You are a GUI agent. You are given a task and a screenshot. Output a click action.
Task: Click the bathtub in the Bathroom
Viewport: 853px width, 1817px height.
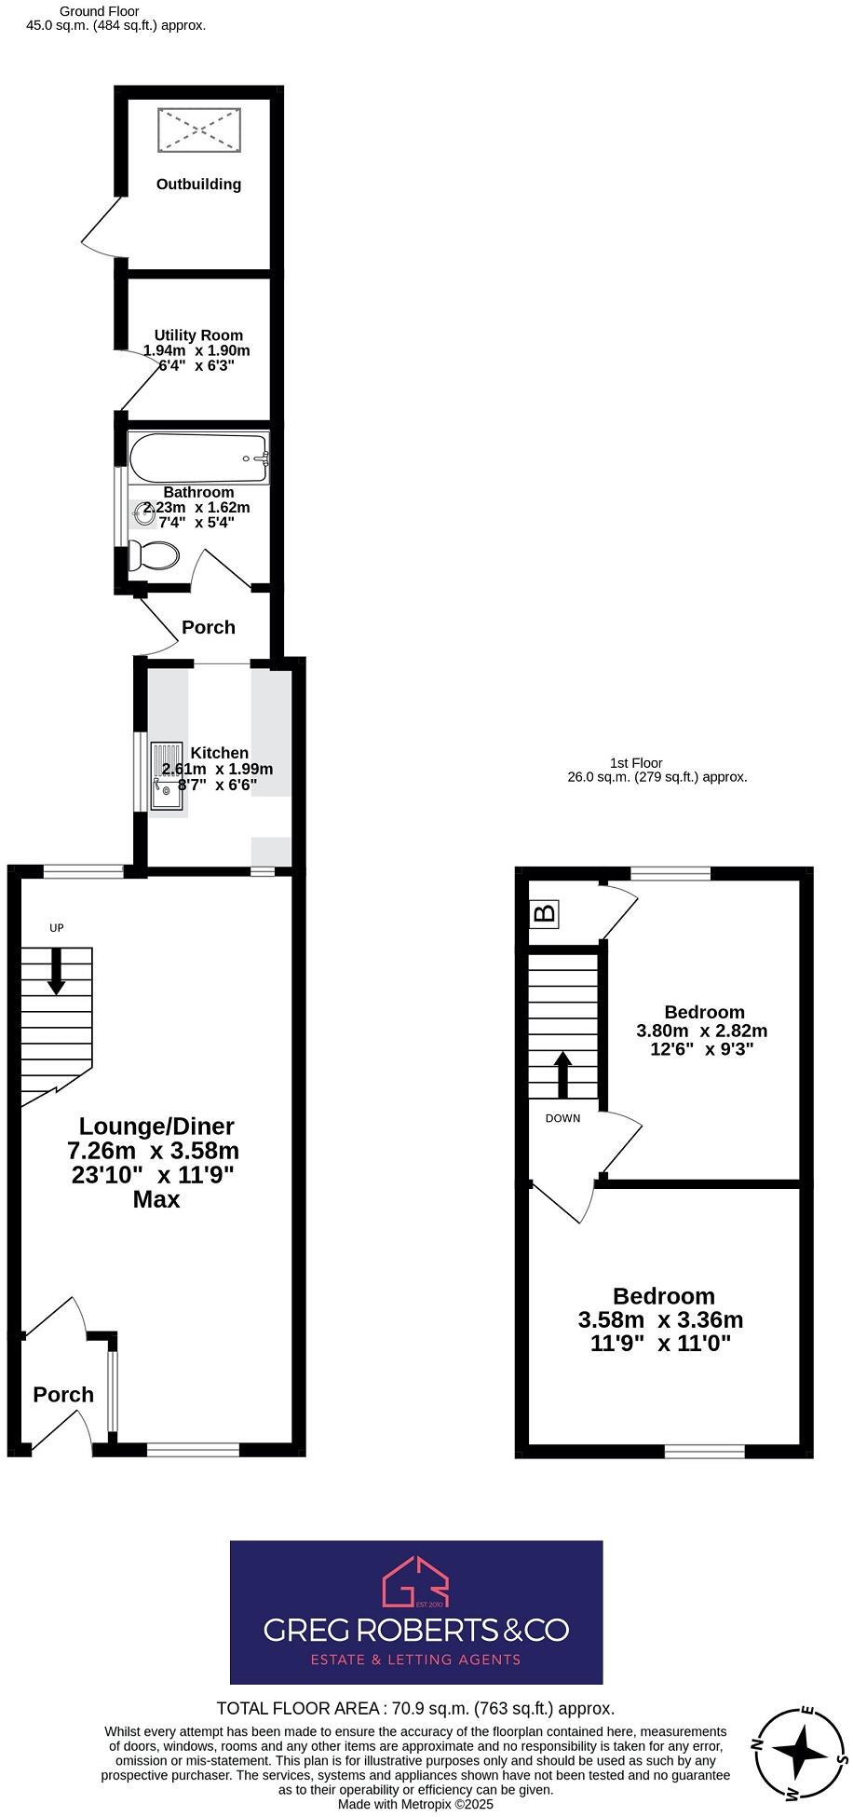(198, 458)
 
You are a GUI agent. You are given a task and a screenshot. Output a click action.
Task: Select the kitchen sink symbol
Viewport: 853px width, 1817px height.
(167, 775)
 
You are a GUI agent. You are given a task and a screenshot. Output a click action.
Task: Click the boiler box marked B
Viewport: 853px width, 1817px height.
(545, 913)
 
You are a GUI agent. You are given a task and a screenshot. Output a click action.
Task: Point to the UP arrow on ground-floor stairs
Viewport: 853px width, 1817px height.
(56, 970)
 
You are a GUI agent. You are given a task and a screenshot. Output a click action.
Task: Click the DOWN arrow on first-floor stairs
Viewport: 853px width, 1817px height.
(562, 1074)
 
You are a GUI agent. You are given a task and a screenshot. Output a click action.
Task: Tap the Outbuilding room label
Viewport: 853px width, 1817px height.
(198, 184)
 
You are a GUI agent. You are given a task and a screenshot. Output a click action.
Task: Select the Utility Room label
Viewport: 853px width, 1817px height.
(198, 335)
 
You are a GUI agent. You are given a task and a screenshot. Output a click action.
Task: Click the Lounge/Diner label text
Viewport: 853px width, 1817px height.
(156, 1127)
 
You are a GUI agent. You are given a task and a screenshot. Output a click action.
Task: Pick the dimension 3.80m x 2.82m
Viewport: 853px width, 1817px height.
(701, 1031)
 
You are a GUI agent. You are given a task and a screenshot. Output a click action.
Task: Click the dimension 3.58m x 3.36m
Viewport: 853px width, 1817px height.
(660, 1319)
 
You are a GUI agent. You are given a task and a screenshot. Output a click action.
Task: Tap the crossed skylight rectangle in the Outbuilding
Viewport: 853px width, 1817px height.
(200, 130)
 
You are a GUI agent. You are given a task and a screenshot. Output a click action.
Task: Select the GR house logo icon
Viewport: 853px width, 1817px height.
(416, 1581)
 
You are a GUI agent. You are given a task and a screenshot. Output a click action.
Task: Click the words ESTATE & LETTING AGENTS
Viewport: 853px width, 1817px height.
(415, 1659)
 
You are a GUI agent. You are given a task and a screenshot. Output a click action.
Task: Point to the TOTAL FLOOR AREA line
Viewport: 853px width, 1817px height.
(415, 1708)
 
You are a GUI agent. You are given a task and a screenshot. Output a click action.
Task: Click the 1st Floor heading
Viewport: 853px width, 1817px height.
(636, 763)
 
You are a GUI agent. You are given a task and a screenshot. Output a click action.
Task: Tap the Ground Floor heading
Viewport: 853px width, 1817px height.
(99, 11)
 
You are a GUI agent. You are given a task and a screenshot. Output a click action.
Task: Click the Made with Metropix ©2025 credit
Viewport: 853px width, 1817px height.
(415, 1804)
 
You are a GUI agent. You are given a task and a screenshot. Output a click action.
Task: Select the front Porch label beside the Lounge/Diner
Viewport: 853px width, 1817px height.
(63, 1395)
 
